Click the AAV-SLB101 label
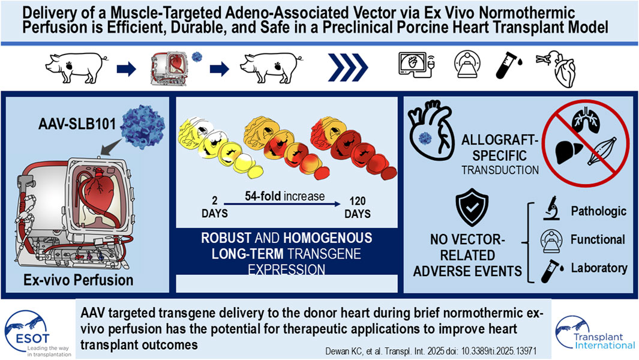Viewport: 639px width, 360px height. click(77, 123)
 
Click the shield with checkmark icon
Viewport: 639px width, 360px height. click(472, 208)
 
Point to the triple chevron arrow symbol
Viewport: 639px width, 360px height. click(347, 68)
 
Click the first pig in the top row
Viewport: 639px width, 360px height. click(76, 67)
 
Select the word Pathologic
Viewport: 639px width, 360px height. click(598, 211)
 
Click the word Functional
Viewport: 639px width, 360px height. click(598, 239)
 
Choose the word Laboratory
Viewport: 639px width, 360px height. click(599, 268)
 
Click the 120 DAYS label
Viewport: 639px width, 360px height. click(358, 208)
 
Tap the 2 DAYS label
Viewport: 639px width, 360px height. click(215, 208)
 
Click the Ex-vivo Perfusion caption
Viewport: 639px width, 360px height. click(78, 280)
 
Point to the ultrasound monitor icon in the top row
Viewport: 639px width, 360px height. click(416, 65)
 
